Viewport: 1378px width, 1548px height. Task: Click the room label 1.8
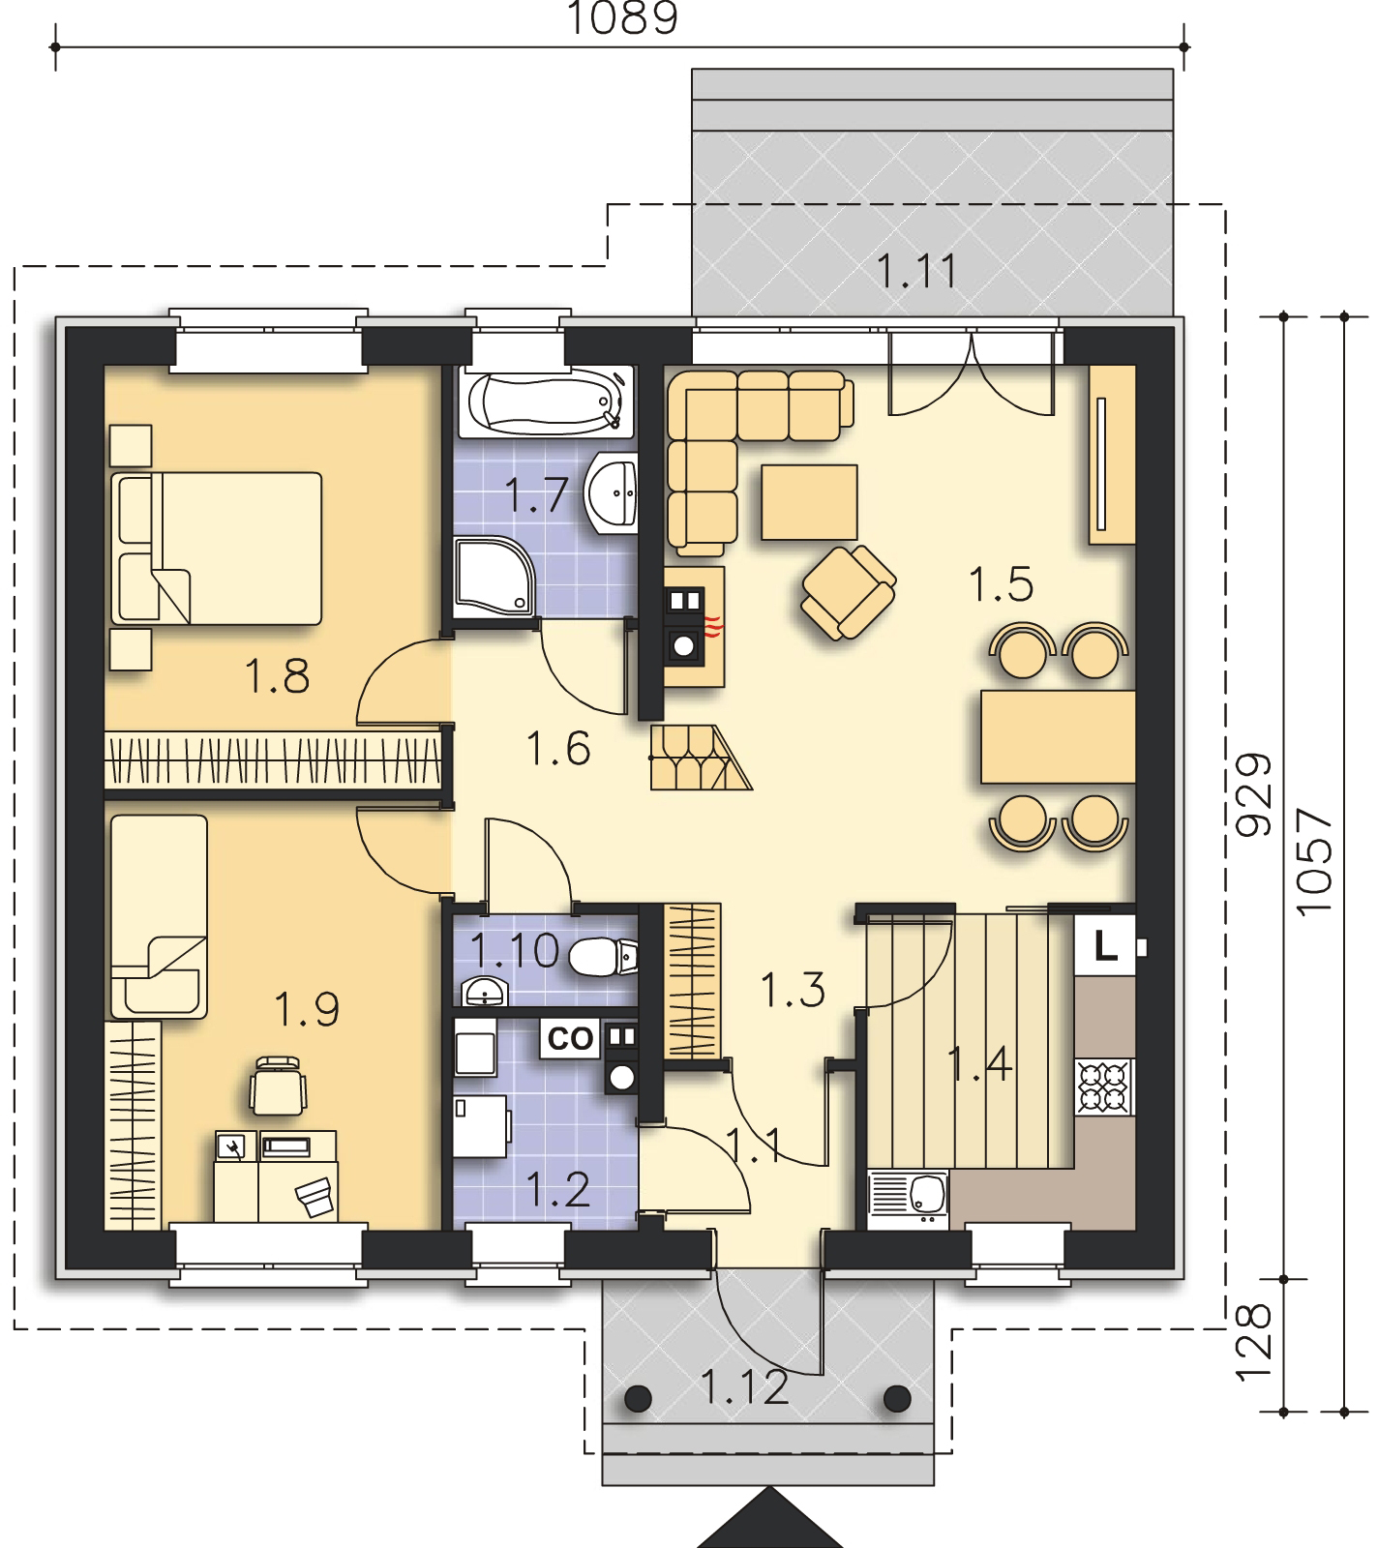point(277,676)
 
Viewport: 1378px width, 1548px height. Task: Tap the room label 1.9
point(306,1009)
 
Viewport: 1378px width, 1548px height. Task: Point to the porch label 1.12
point(743,1388)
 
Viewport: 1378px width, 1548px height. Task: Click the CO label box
point(570,1039)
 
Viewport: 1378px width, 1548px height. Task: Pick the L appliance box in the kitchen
point(1105,944)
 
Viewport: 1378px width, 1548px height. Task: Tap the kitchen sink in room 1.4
point(910,1200)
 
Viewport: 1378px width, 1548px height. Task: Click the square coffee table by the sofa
point(809,501)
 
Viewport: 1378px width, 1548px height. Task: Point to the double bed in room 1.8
point(216,548)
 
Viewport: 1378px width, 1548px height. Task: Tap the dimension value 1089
point(622,18)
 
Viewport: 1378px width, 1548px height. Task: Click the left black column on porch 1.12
point(638,1397)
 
